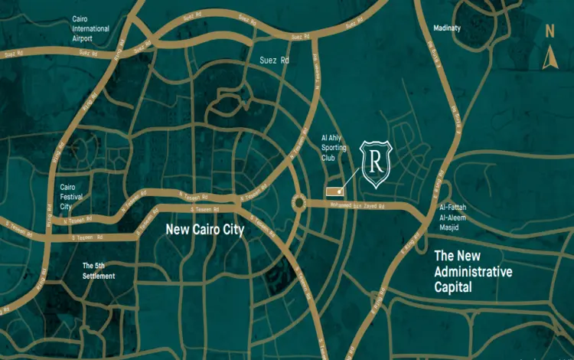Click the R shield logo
pyautogui.click(x=376, y=164)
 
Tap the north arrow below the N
pyautogui.click(x=548, y=58)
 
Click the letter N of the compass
pyautogui.click(x=549, y=31)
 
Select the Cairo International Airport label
pyautogui.click(x=91, y=28)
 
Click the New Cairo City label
pyautogui.click(x=204, y=229)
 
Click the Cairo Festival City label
pyautogui.click(x=76, y=196)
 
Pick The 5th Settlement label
pyautogui.click(x=99, y=270)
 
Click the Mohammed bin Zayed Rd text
pyautogui.click(x=357, y=205)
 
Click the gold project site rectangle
pyautogui.click(x=334, y=190)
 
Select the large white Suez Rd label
pyautogui.click(x=274, y=61)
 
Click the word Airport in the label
pyautogui.click(x=82, y=38)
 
